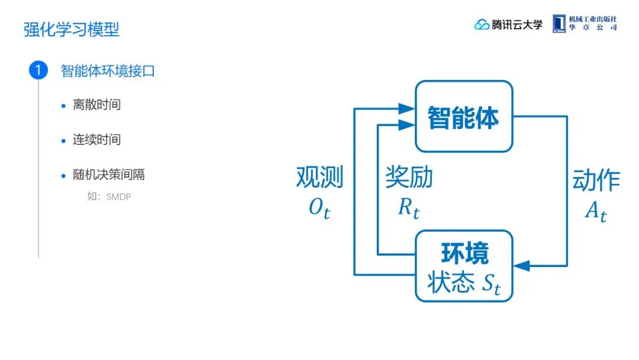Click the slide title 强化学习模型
(x=72, y=30)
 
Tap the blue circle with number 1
(x=38, y=71)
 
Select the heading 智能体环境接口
(x=108, y=71)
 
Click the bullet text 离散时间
(x=96, y=105)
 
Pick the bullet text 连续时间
(x=96, y=140)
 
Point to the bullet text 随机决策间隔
(x=108, y=175)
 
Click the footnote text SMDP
(x=118, y=197)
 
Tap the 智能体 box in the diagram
(x=463, y=117)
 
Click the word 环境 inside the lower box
(x=464, y=253)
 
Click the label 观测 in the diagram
(x=319, y=178)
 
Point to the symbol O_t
(x=319, y=208)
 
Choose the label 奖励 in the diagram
(x=409, y=178)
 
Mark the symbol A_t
(x=595, y=211)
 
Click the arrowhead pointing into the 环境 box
(x=521, y=266)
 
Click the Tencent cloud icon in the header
(x=482, y=25)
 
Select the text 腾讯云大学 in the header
(x=517, y=25)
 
